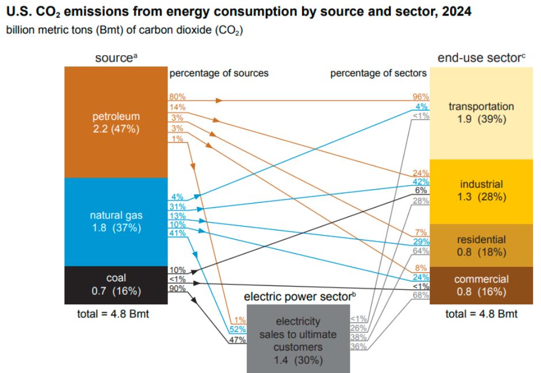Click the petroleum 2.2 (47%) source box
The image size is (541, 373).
click(115, 122)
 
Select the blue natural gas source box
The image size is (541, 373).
click(115, 221)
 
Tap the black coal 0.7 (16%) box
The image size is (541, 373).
click(115, 285)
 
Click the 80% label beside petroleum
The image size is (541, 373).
click(177, 96)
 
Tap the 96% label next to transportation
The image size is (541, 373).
click(419, 96)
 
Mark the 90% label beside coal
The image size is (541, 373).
click(177, 288)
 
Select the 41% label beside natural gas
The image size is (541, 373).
click(177, 233)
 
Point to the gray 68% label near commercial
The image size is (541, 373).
click(419, 295)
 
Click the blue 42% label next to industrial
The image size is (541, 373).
click(419, 181)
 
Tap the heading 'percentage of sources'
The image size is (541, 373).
click(219, 73)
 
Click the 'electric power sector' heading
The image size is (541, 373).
click(298, 297)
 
